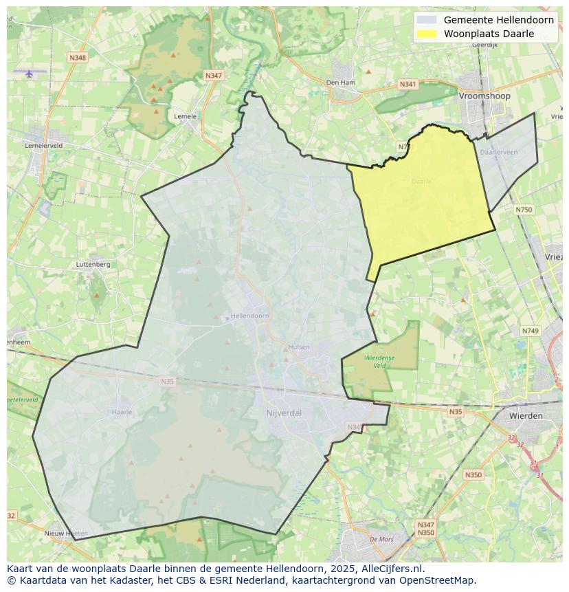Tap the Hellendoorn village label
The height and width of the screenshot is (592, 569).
click(x=249, y=316)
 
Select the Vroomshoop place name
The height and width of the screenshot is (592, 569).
click(x=484, y=96)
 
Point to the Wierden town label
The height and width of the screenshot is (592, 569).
click(x=526, y=416)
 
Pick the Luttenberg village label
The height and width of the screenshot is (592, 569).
click(x=93, y=264)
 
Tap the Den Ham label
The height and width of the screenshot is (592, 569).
click(x=340, y=83)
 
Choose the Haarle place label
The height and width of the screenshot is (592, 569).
click(x=122, y=412)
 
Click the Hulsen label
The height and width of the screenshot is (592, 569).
click(x=299, y=347)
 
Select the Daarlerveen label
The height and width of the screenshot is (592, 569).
click(x=499, y=152)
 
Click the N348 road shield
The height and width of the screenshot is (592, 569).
click(x=78, y=58)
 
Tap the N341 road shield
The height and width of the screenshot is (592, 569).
click(x=408, y=84)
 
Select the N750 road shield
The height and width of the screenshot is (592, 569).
click(x=524, y=210)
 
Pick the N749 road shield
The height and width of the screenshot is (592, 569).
click(x=530, y=331)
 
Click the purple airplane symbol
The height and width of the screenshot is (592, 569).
click(x=29, y=74)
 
